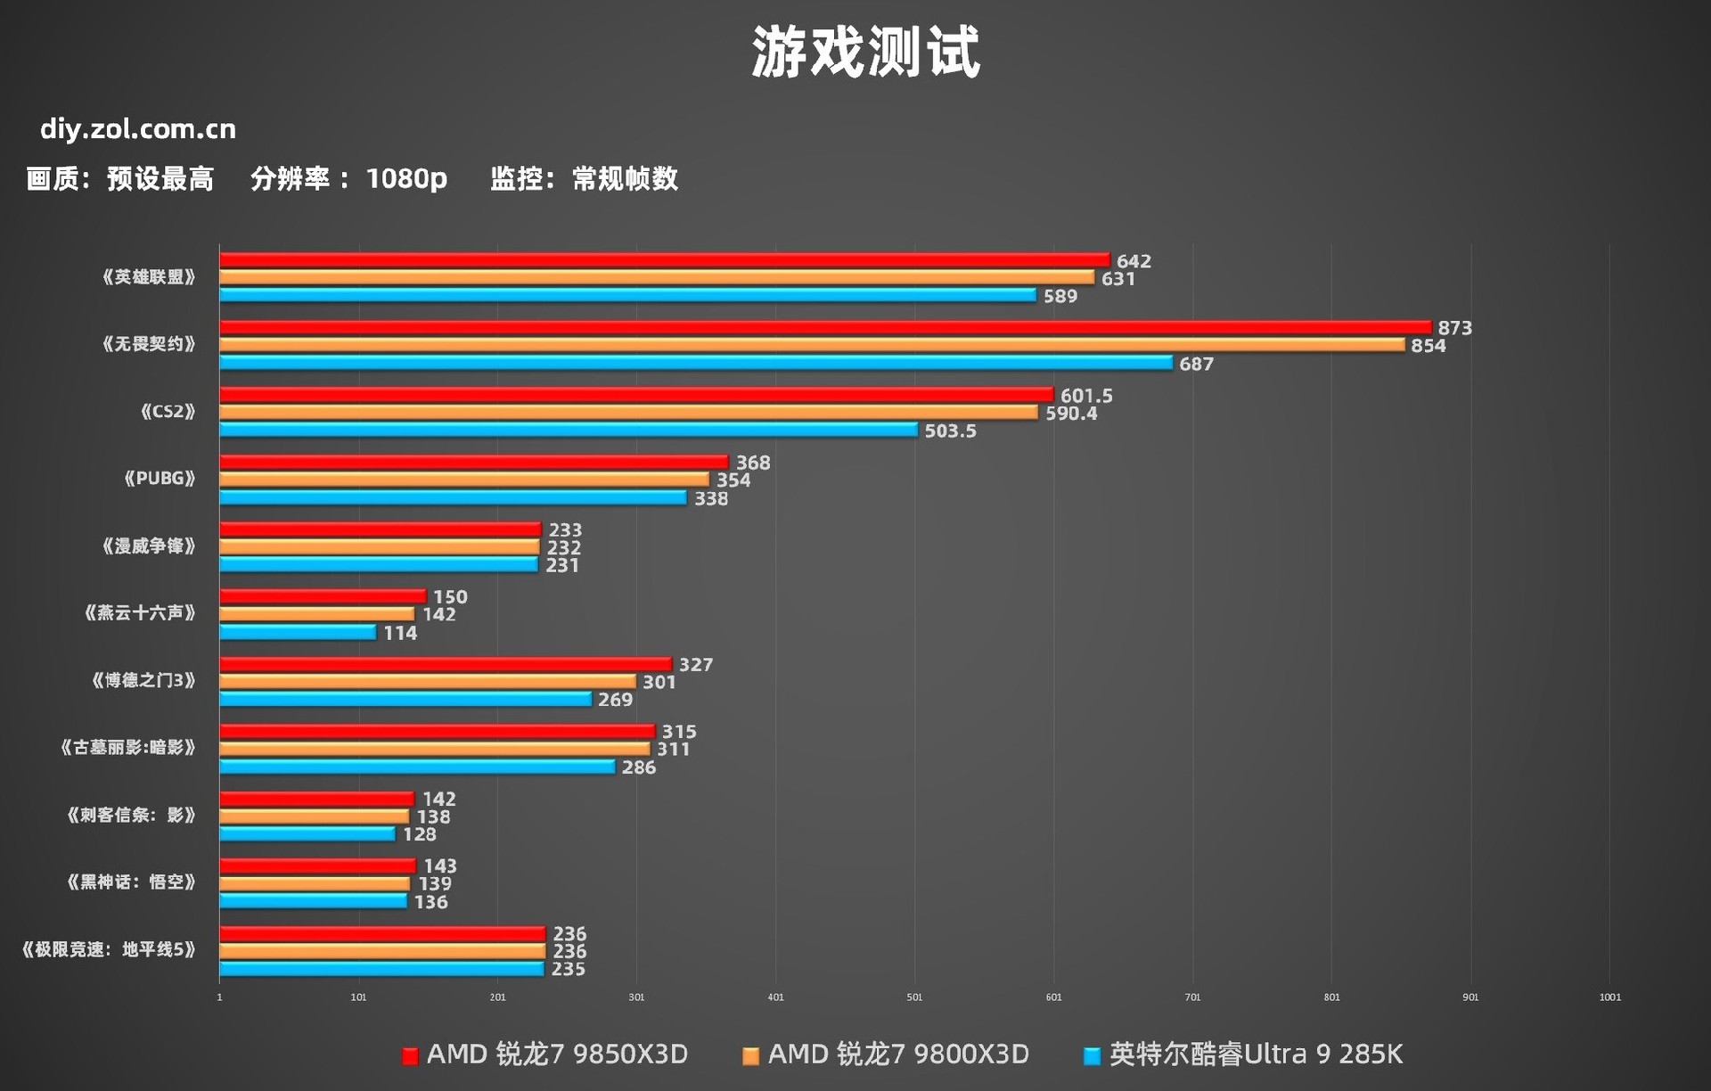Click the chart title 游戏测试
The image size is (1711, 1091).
865,52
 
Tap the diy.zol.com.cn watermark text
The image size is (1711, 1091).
138,129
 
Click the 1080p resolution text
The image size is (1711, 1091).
406,179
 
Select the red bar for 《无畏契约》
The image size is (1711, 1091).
824,328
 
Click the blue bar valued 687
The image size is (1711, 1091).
695,363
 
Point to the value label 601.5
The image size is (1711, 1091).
1086,396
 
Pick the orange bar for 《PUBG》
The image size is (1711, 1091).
463,480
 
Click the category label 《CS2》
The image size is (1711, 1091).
168,411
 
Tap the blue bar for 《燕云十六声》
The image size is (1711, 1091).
298,632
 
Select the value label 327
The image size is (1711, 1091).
695,665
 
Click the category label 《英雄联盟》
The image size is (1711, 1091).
148,277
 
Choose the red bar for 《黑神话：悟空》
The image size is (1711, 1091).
317,866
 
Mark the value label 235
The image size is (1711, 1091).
569,969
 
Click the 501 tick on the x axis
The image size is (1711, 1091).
914,997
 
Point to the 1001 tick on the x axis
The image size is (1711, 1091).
1609,997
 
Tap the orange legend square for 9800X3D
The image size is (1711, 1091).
750,1056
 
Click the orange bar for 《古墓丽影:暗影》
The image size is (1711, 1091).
434,749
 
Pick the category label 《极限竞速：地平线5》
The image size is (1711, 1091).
109,949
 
